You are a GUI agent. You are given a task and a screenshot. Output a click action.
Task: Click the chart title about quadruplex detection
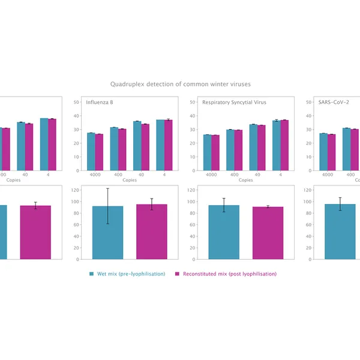180,85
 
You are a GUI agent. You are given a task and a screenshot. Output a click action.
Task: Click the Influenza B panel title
100,102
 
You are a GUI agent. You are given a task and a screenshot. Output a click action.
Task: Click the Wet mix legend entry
127,274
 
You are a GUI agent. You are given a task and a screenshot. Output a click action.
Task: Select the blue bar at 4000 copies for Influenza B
91,145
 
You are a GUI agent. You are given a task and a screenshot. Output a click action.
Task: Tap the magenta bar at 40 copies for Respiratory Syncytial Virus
261,140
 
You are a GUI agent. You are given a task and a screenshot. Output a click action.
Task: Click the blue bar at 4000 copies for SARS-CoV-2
324,145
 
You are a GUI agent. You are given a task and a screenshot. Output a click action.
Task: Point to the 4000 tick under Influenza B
95,174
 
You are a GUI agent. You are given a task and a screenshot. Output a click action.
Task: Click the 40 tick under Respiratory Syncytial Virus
257,174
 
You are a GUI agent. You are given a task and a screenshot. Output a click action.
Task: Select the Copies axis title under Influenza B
130,180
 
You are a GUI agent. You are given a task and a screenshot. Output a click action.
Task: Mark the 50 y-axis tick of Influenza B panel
76,102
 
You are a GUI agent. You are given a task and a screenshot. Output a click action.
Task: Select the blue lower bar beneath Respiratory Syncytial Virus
224,232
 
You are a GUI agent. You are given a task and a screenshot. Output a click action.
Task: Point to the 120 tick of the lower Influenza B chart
75,190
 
